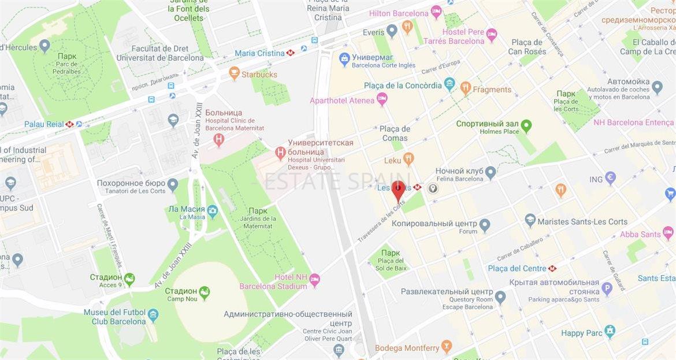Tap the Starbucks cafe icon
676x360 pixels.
click(x=234, y=73)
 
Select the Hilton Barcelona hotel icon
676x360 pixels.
click(x=436, y=12)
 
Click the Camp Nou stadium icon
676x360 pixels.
click(x=204, y=293)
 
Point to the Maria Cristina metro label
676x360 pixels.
click(x=259, y=53)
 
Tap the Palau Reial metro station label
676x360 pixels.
click(x=44, y=124)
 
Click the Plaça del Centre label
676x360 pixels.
click(x=517, y=268)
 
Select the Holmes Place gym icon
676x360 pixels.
click(x=526, y=125)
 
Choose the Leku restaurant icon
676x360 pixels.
click(x=408, y=159)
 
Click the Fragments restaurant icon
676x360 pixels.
click(x=466, y=88)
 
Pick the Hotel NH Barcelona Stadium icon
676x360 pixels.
click(x=314, y=280)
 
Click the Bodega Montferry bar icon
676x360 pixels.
click(x=447, y=347)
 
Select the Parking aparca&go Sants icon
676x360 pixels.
click(x=607, y=289)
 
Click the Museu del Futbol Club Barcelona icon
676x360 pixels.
click(x=153, y=316)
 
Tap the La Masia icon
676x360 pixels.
click(x=213, y=211)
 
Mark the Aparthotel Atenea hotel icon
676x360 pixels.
click(x=382, y=99)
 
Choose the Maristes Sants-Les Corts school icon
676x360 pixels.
click(x=530, y=221)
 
